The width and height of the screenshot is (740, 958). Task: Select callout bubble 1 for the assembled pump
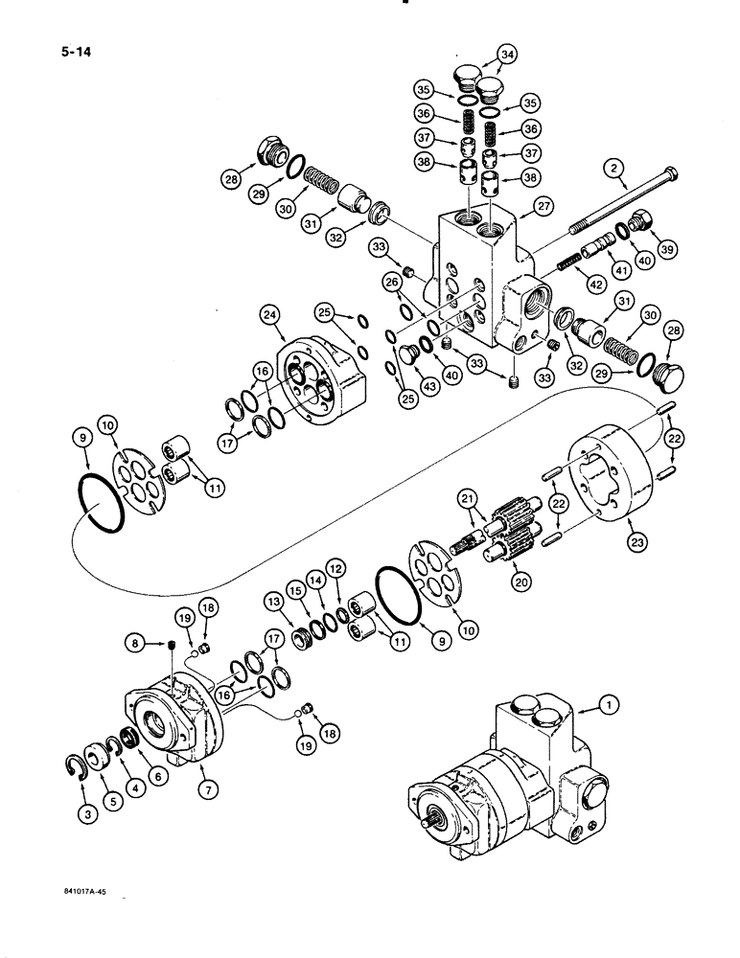click(606, 706)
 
